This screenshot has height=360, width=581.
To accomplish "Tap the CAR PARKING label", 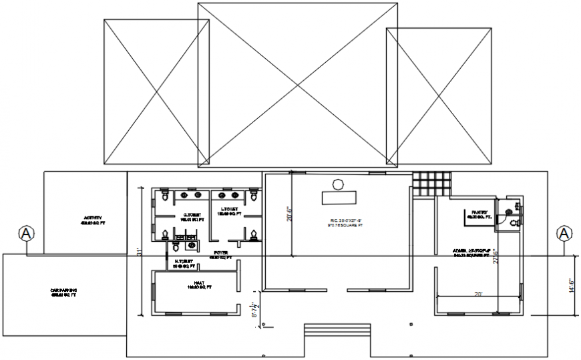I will (63, 292).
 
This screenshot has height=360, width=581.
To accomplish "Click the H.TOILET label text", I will (184, 263).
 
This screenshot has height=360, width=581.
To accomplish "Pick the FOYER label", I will (220, 254).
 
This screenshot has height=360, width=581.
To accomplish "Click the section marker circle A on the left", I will (26, 233).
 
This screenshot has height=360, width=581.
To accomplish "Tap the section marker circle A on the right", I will (564, 233).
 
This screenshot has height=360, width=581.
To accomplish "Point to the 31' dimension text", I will (139, 252).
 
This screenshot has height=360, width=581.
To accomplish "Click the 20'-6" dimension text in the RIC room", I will (288, 214).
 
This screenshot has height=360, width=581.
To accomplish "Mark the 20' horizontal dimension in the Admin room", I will (477, 293).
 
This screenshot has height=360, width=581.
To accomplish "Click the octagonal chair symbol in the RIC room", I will (339, 184).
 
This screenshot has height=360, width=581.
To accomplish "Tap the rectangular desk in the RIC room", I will (339, 198).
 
